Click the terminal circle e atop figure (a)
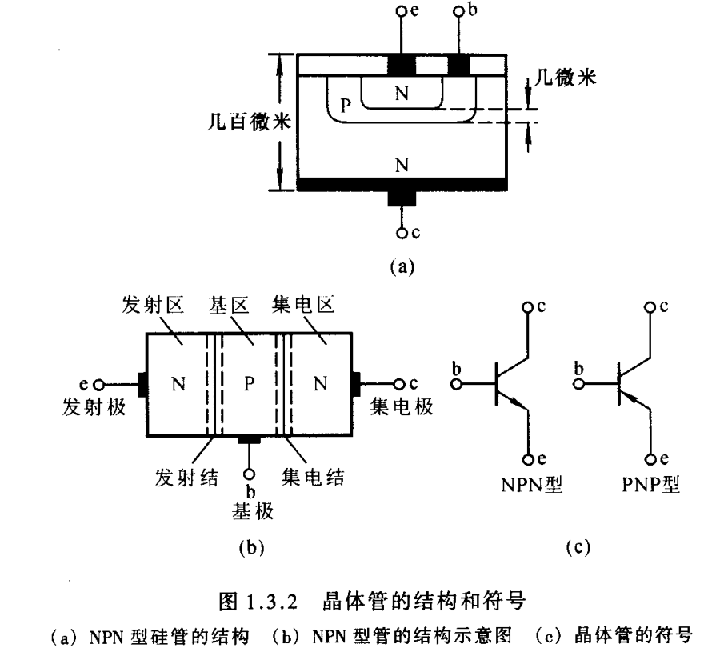pyautogui.click(x=402, y=12)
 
